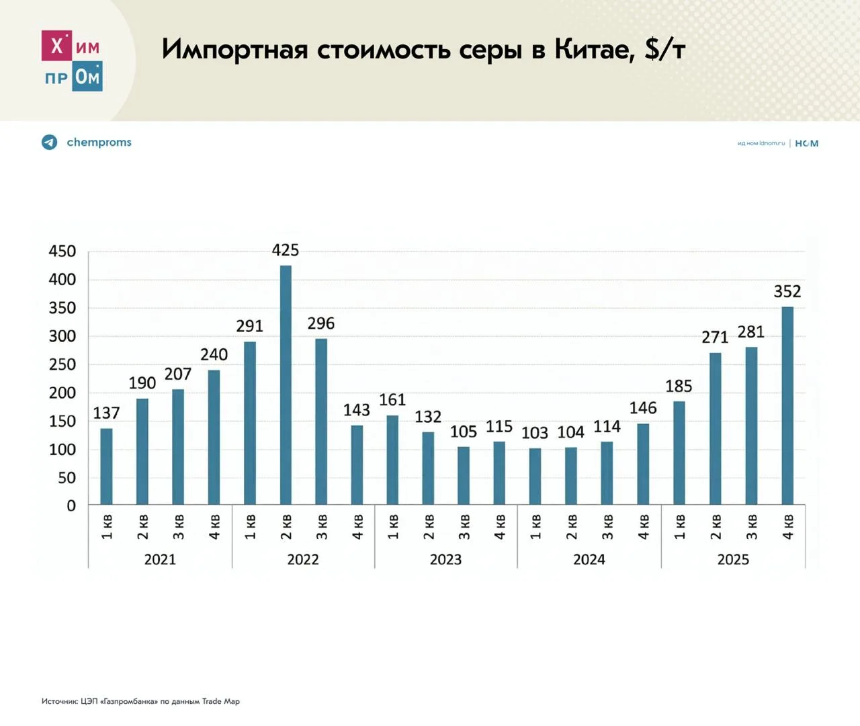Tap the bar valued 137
click(106, 467)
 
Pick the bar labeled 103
click(535, 476)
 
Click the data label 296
click(321, 324)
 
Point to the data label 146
click(643, 408)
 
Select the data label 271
click(715, 337)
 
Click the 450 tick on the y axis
click(62, 251)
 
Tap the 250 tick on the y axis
click(62, 364)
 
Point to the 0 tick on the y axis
click(71, 506)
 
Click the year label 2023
click(445, 559)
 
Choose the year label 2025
click(733, 559)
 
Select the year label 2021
click(160, 559)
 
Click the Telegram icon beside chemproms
click(50, 143)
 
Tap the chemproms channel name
click(99, 143)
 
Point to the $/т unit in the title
click(665, 49)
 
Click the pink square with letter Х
click(56, 46)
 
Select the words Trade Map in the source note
click(221, 701)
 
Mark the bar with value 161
click(392, 460)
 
